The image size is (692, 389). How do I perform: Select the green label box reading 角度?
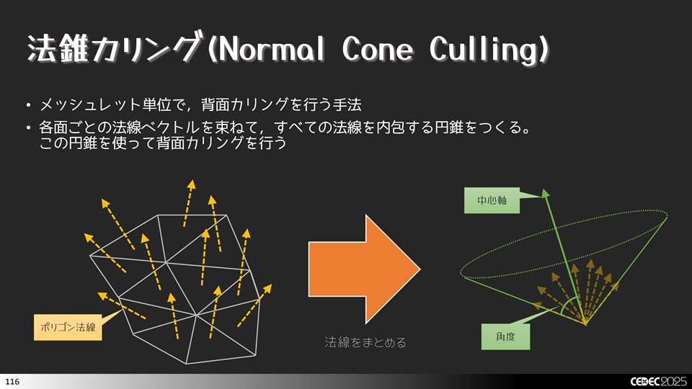click(x=505, y=336)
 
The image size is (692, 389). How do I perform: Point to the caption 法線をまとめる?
click(x=365, y=343)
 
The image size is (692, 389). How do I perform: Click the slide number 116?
click(x=12, y=380)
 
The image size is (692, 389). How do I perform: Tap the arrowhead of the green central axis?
click(x=545, y=192)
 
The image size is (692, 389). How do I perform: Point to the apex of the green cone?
click(x=585, y=323)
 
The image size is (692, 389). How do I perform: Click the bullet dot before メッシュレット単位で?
click(x=28, y=107)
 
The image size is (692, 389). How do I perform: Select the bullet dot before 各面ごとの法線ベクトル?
click(x=28, y=129)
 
